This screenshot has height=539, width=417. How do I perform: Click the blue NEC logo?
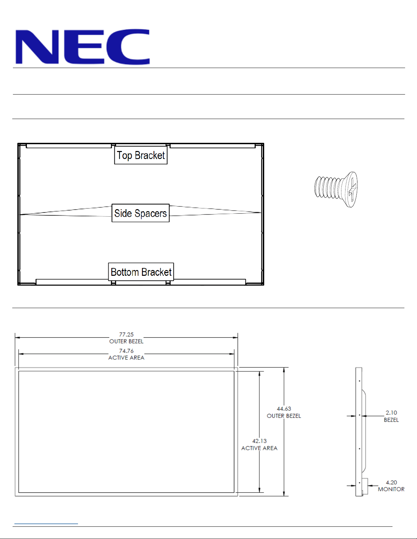[83, 47]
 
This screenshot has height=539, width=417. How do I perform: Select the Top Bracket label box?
[141, 155]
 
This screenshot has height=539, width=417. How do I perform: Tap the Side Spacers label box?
[141, 213]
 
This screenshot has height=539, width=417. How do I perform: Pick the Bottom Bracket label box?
[141, 272]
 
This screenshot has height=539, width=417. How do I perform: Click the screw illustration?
[336, 189]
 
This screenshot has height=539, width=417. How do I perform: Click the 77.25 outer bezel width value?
[126, 335]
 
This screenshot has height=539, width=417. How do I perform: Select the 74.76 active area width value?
[126, 351]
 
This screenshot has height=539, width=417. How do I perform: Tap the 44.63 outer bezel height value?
[284, 408]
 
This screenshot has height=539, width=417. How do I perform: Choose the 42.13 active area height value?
[259, 441]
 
